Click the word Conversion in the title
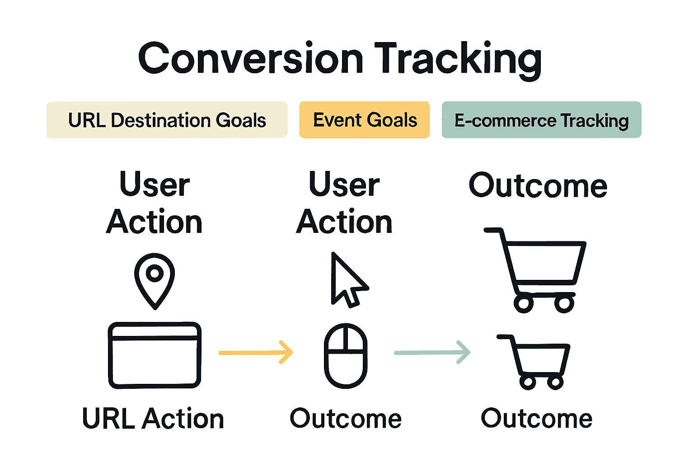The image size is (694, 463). click(x=250, y=59)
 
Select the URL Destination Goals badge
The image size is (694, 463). click(x=167, y=120)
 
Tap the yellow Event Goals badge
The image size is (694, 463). click(x=365, y=120)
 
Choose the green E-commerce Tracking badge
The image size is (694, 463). click(x=541, y=120)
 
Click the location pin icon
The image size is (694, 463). click(x=155, y=280)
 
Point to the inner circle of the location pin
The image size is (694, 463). click(x=155, y=273)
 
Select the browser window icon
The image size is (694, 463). click(x=155, y=355)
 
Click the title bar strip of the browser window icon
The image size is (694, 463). click(x=155, y=332)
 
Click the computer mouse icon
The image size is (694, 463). click(x=346, y=355)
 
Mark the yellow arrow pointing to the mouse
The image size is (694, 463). click(x=256, y=352)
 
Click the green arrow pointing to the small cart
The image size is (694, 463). click(x=432, y=352)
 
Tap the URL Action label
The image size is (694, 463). click(x=153, y=419)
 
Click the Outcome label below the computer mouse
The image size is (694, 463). click(x=346, y=419)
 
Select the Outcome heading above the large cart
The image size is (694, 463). click(x=538, y=185)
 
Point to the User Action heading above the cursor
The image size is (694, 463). click(x=344, y=203)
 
